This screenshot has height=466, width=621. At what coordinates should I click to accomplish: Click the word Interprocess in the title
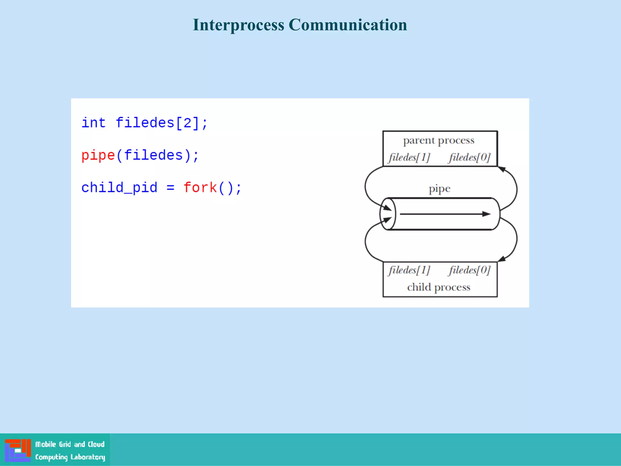[x=239, y=25]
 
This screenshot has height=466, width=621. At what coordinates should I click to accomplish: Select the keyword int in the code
[x=93, y=123]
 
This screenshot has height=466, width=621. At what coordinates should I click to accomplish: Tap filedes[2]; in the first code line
[x=162, y=123]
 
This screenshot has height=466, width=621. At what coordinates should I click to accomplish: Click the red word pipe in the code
[x=98, y=155]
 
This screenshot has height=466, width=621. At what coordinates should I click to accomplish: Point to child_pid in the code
[x=119, y=187]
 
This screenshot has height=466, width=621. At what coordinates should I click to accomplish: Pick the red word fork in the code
[x=200, y=187]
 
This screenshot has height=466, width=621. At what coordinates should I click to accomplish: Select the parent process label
[x=438, y=140]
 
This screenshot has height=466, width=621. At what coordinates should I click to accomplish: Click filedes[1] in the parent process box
[x=409, y=157]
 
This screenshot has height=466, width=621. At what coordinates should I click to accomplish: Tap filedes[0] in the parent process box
[x=470, y=157]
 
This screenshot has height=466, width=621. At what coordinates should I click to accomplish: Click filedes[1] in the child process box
[x=409, y=270]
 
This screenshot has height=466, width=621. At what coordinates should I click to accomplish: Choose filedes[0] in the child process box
[x=470, y=270]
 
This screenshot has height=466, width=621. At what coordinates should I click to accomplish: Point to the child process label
[x=438, y=287]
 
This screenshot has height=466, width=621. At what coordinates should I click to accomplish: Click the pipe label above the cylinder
[x=439, y=189]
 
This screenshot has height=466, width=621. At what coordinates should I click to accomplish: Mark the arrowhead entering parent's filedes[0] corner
[x=502, y=169]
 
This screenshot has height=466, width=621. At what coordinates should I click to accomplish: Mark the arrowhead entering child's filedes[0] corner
[x=502, y=258]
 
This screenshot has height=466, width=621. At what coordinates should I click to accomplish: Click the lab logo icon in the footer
[x=18, y=450]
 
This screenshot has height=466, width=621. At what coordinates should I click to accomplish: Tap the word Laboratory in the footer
[x=88, y=457]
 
